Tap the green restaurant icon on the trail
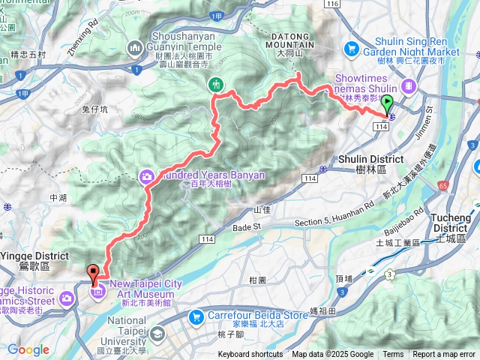click(x=216, y=84)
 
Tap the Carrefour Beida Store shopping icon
click(x=196, y=316)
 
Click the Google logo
click(x=28, y=349)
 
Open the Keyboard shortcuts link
click(x=250, y=355)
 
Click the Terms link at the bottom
click(x=393, y=355)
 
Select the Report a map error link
click(x=445, y=355)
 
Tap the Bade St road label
click(x=245, y=226)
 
